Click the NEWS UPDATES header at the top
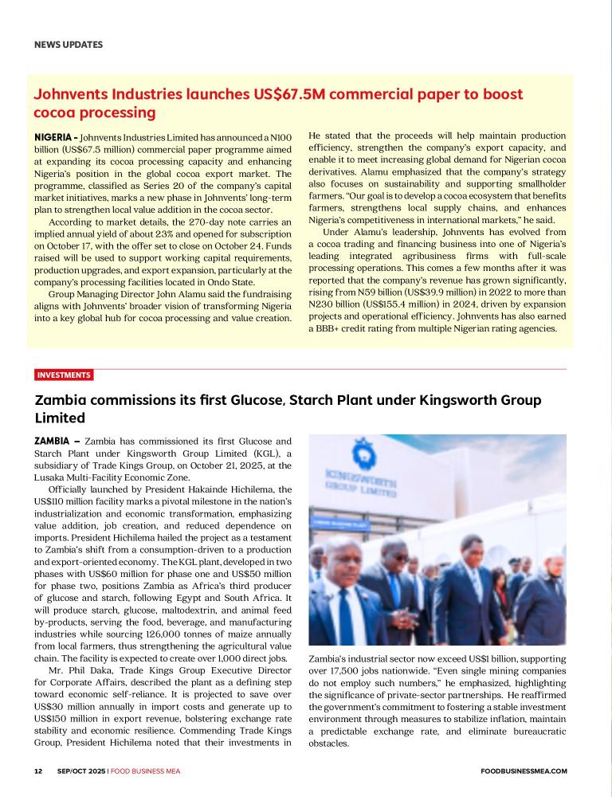point(69,45)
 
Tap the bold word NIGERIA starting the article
point(55,137)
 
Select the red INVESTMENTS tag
point(64,375)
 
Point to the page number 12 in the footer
point(38,771)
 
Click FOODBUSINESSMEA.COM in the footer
point(524,771)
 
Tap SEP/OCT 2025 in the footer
point(81,771)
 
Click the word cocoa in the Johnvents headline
point(54,112)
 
